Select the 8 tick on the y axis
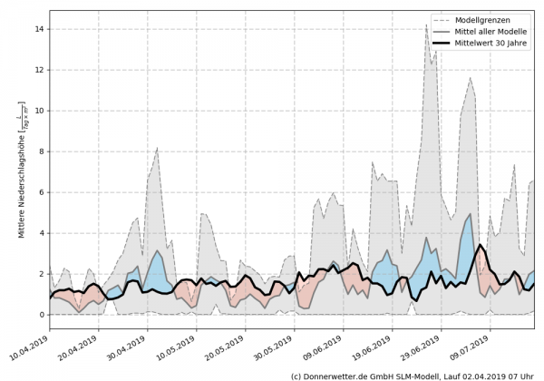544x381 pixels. (x=43, y=151)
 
